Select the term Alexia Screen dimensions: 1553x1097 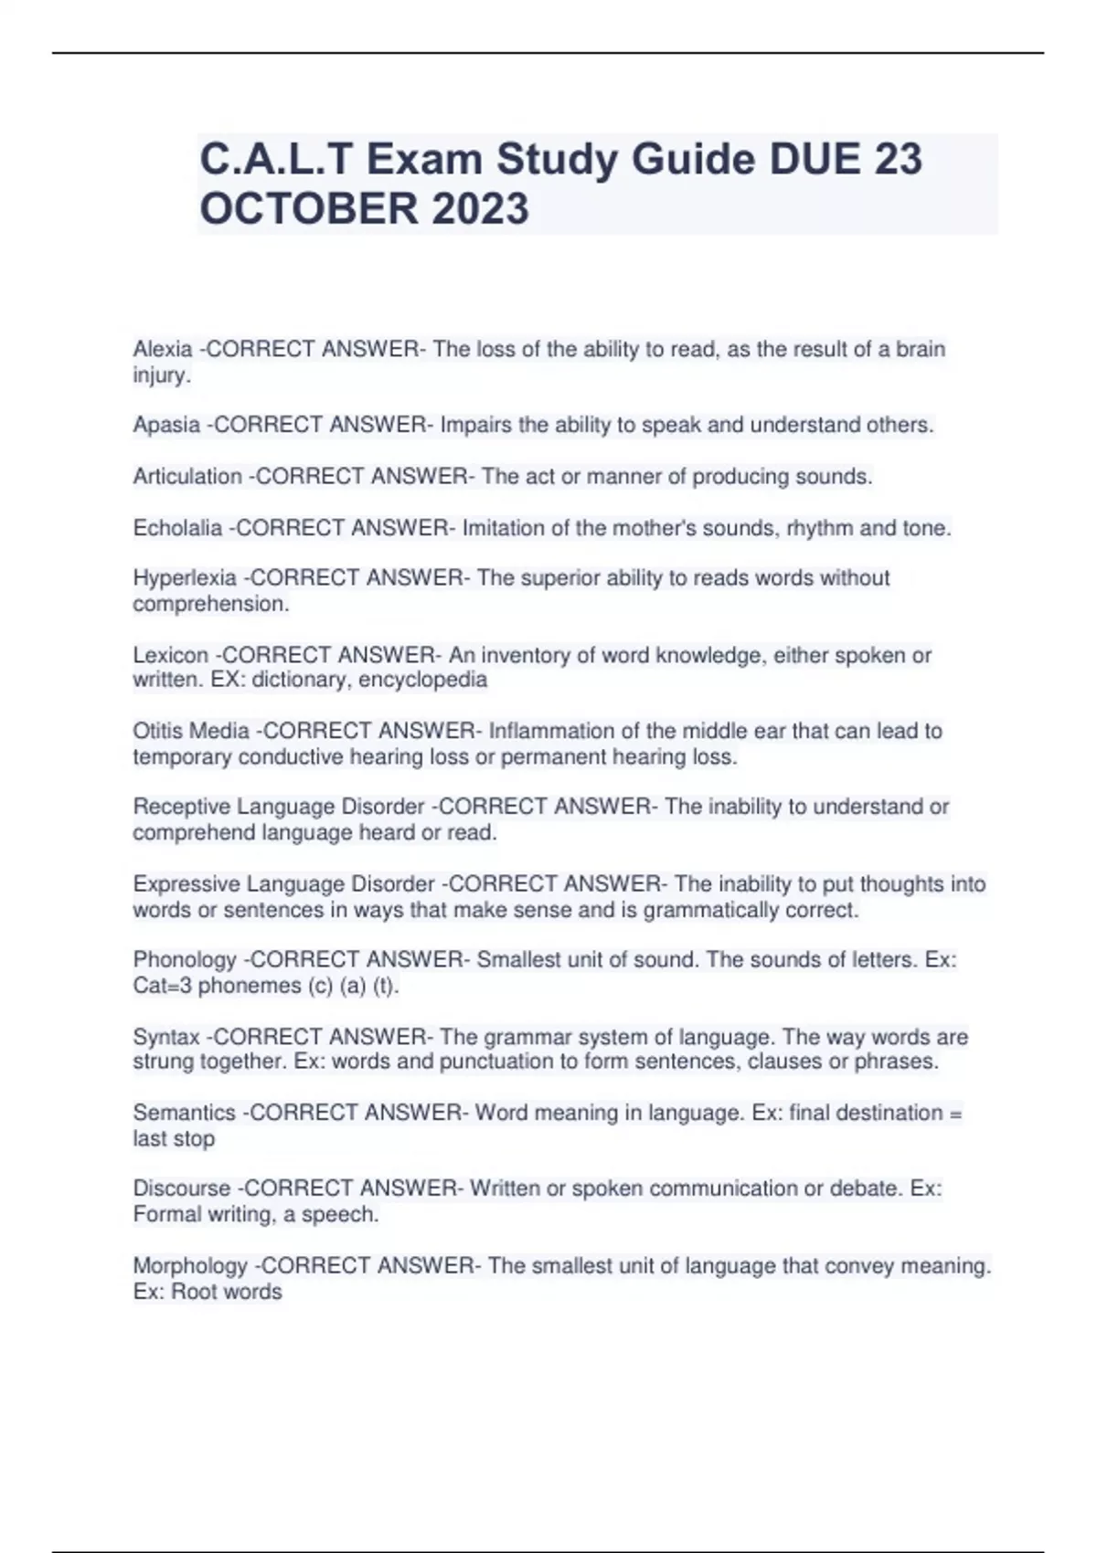point(163,349)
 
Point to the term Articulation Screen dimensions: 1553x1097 point(187,477)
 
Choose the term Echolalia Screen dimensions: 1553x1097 point(177,528)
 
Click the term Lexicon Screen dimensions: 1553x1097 point(170,655)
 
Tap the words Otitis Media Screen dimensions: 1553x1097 point(191,731)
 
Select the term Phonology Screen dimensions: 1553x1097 point(185,960)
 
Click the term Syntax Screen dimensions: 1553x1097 point(166,1037)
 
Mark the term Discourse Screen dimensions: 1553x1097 point(182,1189)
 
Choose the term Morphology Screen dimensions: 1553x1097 point(190,1266)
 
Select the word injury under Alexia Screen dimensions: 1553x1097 point(160,375)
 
